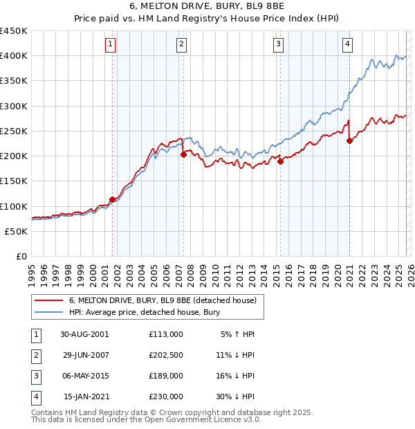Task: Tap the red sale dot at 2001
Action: pyautogui.click(x=112, y=199)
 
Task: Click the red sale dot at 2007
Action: pyautogui.click(x=183, y=155)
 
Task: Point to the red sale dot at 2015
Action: pyautogui.click(x=280, y=161)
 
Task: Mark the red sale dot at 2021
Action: pyautogui.click(x=349, y=141)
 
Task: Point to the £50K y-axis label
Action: pyautogui.click(x=17, y=231)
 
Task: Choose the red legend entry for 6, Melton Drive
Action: pyautogui.click(x=163, y=300)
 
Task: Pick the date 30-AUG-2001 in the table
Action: pyautogui.click(x=84, y=334)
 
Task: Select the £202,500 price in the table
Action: pyautogui.click(x=166, y=355)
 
